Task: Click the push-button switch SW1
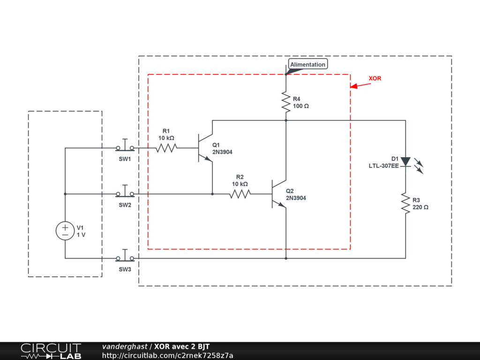pos(125,145)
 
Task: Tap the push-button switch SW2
pos(125,191)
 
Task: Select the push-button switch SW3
pos(125,255)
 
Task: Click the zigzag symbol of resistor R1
pos(166,148)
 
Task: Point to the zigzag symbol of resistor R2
pos(240,194)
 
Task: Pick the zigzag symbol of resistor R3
pos(405,203)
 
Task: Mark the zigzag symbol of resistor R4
pos(286,102)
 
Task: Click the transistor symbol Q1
pos(205,148)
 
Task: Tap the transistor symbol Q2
pos(279,194)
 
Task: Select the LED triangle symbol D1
pos(405,162)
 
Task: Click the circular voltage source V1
pos(65,231)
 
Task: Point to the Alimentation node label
pos(307,64)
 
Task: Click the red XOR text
pos(375,78)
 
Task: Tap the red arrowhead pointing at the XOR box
pos(354,86)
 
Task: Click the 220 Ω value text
pos(420,207)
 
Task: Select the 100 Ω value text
pos(301,106)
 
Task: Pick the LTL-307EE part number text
pos(383,166)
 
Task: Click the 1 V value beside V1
pos(81,235)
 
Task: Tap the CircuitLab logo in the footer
pos(51,351)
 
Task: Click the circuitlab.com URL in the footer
pos(167,355)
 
